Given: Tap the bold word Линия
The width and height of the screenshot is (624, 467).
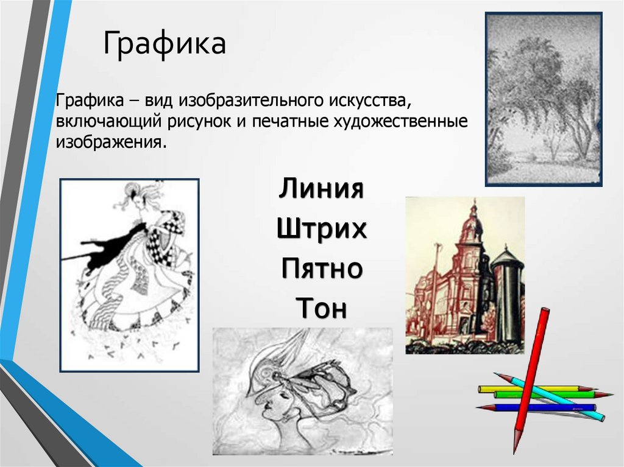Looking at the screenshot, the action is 321,188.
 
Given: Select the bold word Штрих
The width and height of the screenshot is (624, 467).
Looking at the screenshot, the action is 322,229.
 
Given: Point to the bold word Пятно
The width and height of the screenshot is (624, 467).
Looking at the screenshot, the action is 322,268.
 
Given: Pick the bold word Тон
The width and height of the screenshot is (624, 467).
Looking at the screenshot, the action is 321,308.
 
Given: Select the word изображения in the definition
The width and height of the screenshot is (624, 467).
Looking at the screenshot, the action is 111,142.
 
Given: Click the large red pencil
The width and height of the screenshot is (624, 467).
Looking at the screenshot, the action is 531,380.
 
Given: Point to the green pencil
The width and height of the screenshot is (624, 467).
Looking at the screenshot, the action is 553,395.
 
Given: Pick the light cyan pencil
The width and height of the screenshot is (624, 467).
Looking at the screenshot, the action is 549,396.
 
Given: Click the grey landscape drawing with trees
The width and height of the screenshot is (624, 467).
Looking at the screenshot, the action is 544,99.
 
